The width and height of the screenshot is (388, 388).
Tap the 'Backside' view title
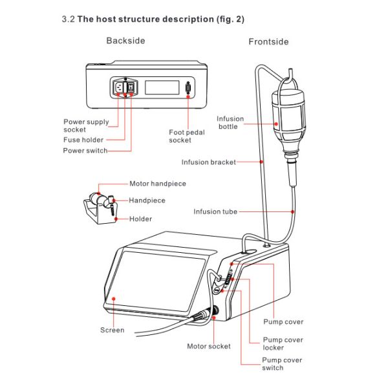pyautogui.click(x=125, y=41)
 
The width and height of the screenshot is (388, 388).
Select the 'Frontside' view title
pyautogui.click(x=268, y=41)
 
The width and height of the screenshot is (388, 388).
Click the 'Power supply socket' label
pyautogui.click(x=86, y=125)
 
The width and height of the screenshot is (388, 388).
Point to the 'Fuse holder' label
pyautogui.click(x=83, y=140)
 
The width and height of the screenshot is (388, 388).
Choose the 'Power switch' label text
pyautogui.click(x=85, y=151)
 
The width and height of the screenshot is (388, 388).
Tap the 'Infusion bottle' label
pyautogui.click(x=230, y=122)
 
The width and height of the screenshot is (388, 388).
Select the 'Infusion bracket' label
pyautogui.click(x=209, y=162)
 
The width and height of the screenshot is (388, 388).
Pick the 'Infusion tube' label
pyautogui.click(x=215, y=211)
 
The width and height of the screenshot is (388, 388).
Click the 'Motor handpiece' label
pyautogui.click(x=157, y=184)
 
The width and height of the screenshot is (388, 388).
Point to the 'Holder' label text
pyautogui.click(x=140, y=219)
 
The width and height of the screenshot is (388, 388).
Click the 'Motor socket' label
pyautogui.click(x=208, y=347)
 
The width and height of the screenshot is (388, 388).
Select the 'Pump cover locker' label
pyautogui.click(x=283, y=343)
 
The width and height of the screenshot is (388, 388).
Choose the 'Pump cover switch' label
pyautogui.click(x=282, y=364)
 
